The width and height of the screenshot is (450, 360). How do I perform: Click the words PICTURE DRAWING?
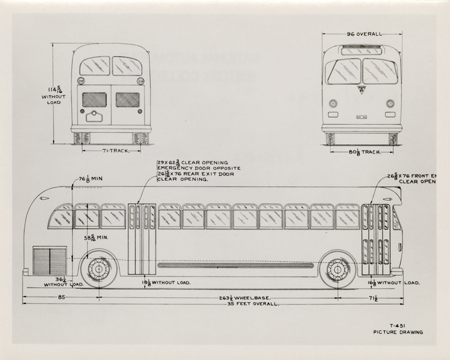tap(398, 333)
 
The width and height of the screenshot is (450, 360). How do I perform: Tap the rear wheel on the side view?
tap(98, 269)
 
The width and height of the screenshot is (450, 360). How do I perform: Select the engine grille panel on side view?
tap(49, 260)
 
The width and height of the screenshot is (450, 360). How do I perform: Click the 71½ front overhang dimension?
tap(372, 298)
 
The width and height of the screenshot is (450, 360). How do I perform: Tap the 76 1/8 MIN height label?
tap(90, 180)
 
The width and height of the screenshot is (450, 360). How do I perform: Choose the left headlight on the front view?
tap(333, 104)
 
